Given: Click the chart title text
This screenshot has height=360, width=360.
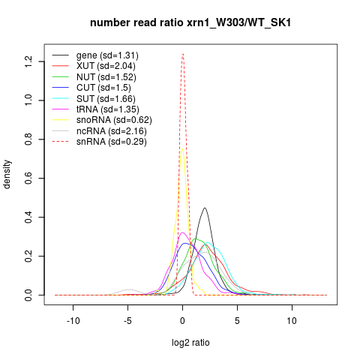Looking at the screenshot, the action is pyautogui.click(x=190, y=23).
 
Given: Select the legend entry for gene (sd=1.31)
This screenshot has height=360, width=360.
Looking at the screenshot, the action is pyautogui.click(x=107, y=55).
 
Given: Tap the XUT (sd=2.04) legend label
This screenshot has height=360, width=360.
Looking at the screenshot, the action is pyautogui.click(x=106, y=66).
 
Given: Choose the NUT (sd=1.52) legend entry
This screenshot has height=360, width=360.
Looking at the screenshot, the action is pyautogui.click(x=106, y=77).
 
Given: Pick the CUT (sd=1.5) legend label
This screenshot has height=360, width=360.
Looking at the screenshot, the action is pyautogui.click(x=103, y=88).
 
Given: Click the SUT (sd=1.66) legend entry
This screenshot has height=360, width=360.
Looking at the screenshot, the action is pyautogui.click(x=106, y=99).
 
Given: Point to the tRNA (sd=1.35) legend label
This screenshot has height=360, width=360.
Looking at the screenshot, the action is pyautogui.click(x=108, y=109).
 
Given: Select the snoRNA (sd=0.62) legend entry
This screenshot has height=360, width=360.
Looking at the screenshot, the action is pyautogui.click(x=114, y=120).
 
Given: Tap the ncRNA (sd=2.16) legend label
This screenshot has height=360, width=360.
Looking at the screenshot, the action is pyautogui.click(x=112, y=131).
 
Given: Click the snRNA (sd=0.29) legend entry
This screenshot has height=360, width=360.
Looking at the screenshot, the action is pyautogui.click(x=112, y=142).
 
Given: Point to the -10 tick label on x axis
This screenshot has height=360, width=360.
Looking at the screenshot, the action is pyautogui.click(x=73, y=321).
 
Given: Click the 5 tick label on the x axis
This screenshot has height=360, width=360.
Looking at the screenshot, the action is pyautogui.click(x=237, y=321).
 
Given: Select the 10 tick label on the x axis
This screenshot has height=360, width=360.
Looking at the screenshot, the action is pyautogui.click(x=292, y=321).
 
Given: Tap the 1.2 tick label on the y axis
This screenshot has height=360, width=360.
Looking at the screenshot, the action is pyautogui.click(x=28, y=61).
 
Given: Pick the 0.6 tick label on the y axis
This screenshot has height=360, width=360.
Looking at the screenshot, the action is pyautogui.click(x=28, y=178).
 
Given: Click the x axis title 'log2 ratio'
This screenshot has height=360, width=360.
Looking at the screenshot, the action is pyautogui.click(x=190, y=343).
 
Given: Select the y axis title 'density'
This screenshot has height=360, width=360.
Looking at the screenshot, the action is pyautogui.click(x=7, y=175).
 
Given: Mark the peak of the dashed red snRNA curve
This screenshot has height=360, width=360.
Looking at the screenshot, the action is pyautogui.click(x=183, y=54).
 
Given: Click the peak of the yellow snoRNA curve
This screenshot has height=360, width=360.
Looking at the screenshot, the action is pyautogui.click(x=182, y=149).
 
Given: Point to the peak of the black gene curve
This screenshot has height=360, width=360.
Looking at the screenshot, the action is pyautogui.click(x=205, y=208).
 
